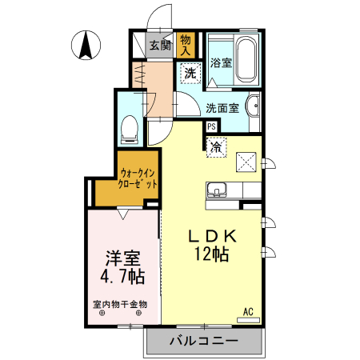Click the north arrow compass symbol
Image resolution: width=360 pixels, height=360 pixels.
tap(86, 45)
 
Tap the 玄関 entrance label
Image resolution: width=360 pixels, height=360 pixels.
tap(160, 45)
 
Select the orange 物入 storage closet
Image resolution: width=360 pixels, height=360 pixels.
tap(186, 44)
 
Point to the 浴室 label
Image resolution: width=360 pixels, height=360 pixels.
tap(221, 63)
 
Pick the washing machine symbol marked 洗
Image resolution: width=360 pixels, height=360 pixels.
tap(190, 74)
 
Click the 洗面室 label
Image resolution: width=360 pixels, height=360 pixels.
tap(222, 107)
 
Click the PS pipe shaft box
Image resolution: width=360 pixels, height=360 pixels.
tap(211, 126)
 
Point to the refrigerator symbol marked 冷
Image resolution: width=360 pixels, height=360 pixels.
tap(215, 147)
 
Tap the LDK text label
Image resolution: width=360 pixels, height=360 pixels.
tap(211, 238)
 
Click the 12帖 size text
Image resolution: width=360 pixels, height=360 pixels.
tap(211, 256)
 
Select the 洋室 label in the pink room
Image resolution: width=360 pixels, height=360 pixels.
tap(122, 259)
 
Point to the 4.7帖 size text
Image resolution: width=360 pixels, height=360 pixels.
tap(122, 278)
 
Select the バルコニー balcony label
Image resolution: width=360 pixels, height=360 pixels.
tap(203, 342)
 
